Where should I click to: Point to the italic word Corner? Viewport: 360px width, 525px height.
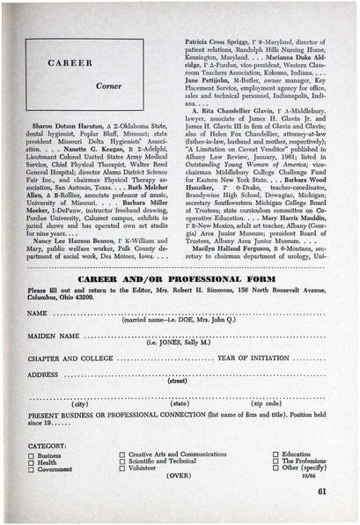[x=108, y=86]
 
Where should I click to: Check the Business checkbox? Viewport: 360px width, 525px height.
[x=32, y=455]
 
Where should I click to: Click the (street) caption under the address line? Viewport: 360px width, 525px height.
[x=178, y=381]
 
